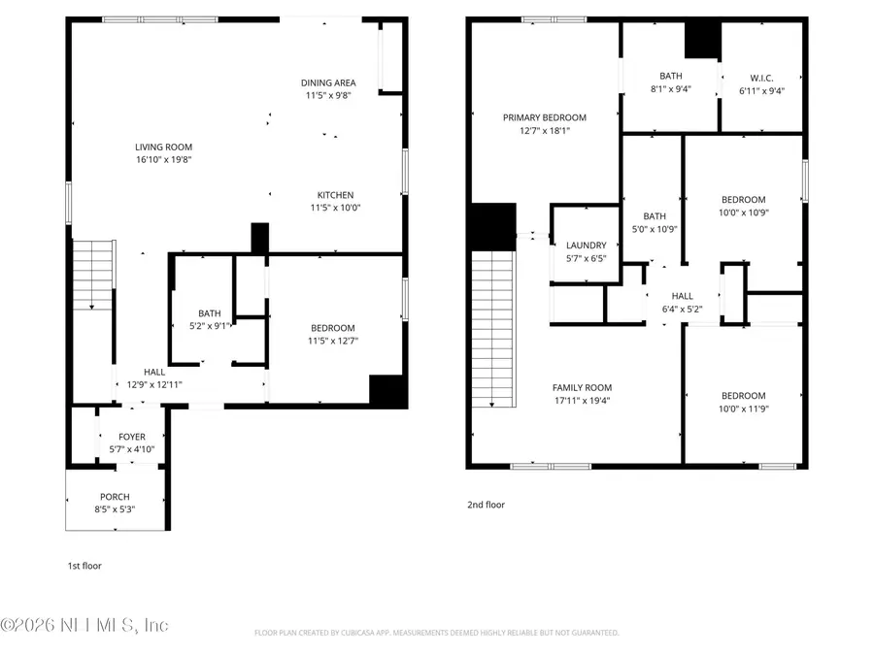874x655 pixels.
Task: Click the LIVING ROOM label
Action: [163, 147]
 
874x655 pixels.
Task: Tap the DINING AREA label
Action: [328, 83]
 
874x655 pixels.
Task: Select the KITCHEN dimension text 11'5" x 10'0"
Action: [335, 207]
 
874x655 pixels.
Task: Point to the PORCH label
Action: [115, 497]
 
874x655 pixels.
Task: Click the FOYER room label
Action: [132, 438]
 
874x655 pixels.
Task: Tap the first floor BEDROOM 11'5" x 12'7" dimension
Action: [333, 341]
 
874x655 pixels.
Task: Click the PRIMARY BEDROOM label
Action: [545, 117]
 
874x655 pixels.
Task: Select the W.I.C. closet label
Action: [761, 77]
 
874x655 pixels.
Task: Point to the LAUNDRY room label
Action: [587, 246]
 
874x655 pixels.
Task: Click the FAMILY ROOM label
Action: [583, 387]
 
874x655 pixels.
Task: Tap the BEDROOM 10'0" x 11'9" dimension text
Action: [743, 409]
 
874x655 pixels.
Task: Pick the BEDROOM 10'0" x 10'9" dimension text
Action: [743, 213]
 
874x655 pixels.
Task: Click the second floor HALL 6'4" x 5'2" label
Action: [682, 297]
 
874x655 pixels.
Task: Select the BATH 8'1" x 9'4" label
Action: [671, 76]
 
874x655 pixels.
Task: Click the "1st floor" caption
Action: [84, 566]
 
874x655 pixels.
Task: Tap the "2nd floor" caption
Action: [487, 505]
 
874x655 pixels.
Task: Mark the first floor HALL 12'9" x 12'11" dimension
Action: [154, 384]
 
